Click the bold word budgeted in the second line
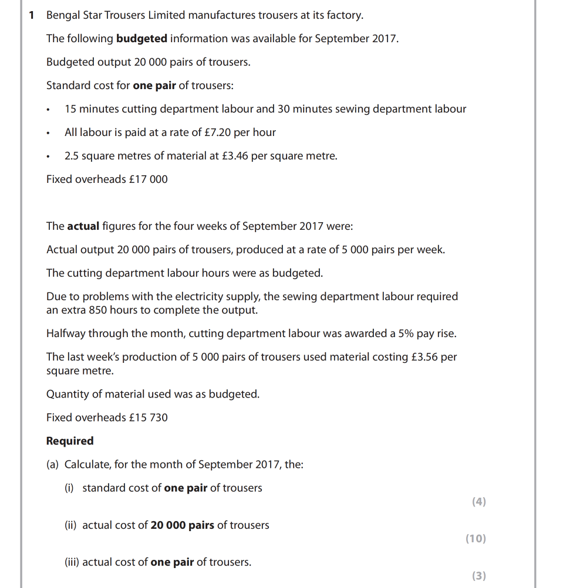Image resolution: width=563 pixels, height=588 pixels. (x=141, y=39)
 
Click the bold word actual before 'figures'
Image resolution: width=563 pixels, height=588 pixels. (x=83, y=226)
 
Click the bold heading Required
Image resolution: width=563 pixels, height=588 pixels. (x=70, y=441)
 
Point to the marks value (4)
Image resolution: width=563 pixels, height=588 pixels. (x=478, y=502)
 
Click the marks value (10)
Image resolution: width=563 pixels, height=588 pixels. (x=476, y=539)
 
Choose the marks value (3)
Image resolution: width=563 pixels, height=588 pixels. (x=478, y=576)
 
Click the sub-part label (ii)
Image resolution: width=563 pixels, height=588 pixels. (x=70, y=525)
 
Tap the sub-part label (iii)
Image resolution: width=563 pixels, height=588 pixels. (x=71, y=562)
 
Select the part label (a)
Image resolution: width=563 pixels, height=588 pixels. (x=53, y=464)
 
